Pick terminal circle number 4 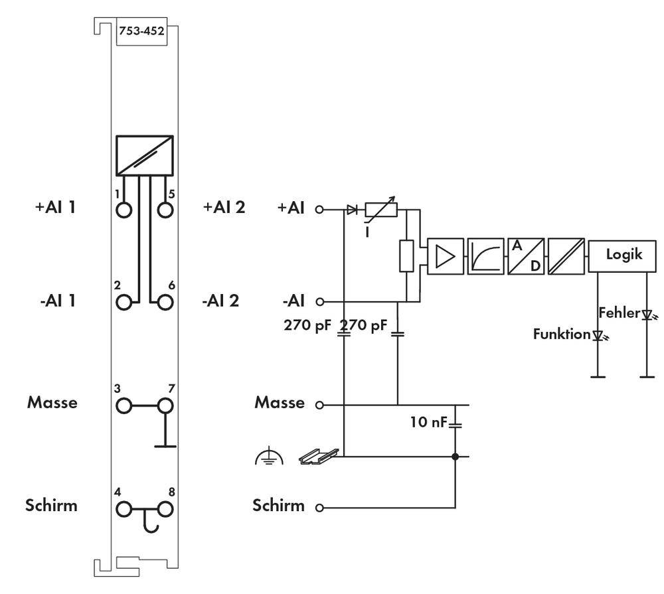pos(124,509)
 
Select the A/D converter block pos(525,256)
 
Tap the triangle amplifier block pos(447,256)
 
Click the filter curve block pos(486,256)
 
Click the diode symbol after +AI pos(352,210)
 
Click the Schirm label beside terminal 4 pos(52,506)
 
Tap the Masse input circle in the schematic pos(319,404)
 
